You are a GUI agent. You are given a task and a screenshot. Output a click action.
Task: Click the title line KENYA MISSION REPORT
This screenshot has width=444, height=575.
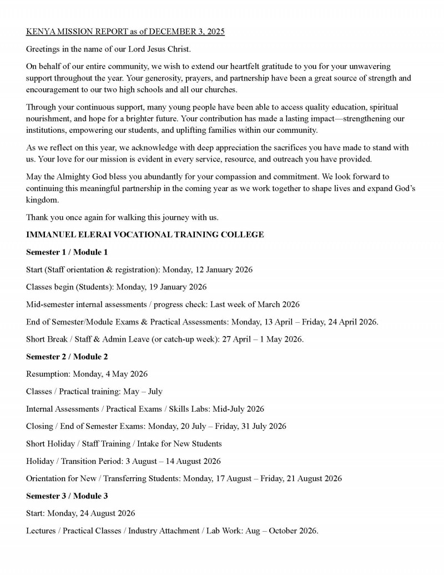[x=125, y=32]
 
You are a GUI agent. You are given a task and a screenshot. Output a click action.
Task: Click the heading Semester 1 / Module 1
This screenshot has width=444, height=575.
[x=67, y=252]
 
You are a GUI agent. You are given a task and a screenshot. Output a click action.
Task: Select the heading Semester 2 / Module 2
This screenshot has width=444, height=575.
[x=67, y=356]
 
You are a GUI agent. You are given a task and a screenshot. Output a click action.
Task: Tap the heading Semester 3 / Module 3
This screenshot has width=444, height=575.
[x=67, y=496]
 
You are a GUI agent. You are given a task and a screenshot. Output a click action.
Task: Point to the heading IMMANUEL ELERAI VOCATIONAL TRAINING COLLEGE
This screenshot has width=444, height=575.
[x=145, y=234]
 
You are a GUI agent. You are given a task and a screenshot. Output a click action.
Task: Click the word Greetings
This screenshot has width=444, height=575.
[x=44, y=49]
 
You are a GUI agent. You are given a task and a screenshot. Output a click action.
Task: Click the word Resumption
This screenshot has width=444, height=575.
[x=47, y=374]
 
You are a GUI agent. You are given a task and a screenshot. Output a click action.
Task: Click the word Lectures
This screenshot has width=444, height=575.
[x=41, y=531]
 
